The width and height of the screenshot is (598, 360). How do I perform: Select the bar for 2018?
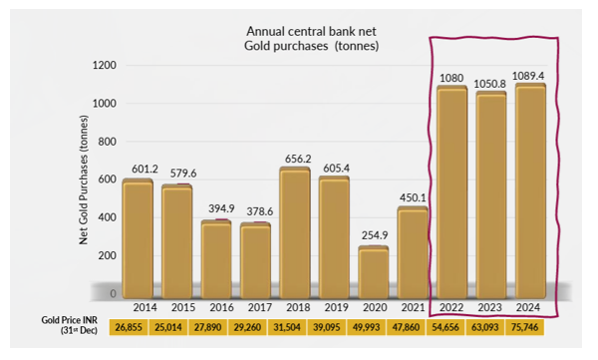(297, 231)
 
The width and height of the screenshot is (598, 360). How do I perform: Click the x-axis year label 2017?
(258, 308)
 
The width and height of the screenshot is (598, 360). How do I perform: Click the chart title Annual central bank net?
(301, 29)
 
